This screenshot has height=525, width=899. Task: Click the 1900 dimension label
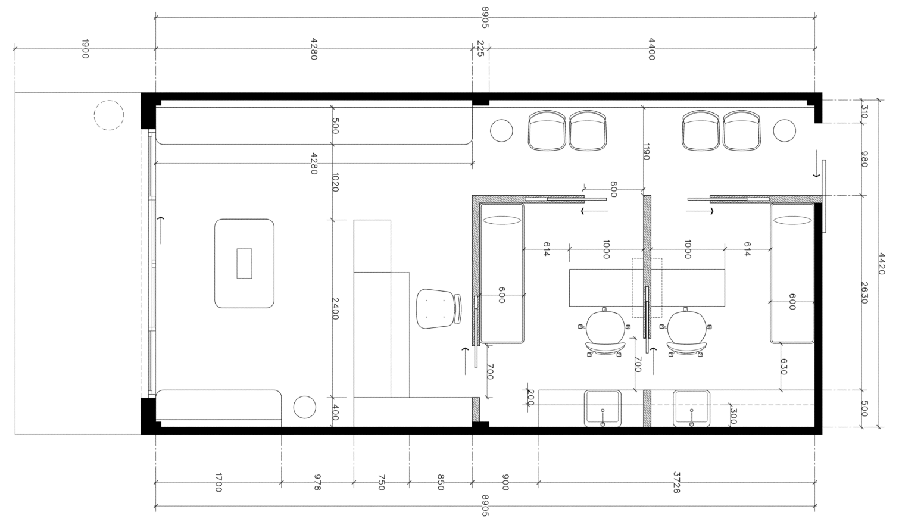tap(85, 49)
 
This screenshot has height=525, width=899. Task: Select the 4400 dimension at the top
tap(651, 49)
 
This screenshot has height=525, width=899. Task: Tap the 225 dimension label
tap(480, 49)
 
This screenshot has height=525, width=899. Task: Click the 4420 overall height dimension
tap(881, 263)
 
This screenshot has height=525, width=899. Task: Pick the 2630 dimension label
tap(864, 293)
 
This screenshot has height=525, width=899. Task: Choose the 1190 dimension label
tap(646, 151)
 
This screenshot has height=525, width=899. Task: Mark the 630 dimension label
tap(783, 367)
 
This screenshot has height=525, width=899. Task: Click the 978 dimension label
tap(317, 482)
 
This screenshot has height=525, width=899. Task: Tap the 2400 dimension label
tap(336, 309)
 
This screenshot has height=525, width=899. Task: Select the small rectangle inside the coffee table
tap(244, 263)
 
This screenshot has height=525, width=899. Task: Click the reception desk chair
tap(439, 308)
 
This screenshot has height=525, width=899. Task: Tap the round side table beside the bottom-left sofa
tap(305, 407)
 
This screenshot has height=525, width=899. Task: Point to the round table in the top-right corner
tap(784, 130)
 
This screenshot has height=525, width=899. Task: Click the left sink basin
tap(603, 408)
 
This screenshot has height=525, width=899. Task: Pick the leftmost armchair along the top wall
tap(547, 130)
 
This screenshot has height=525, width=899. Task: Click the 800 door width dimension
tap(613, 189)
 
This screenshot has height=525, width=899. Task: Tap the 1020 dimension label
tap(336, 182)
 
